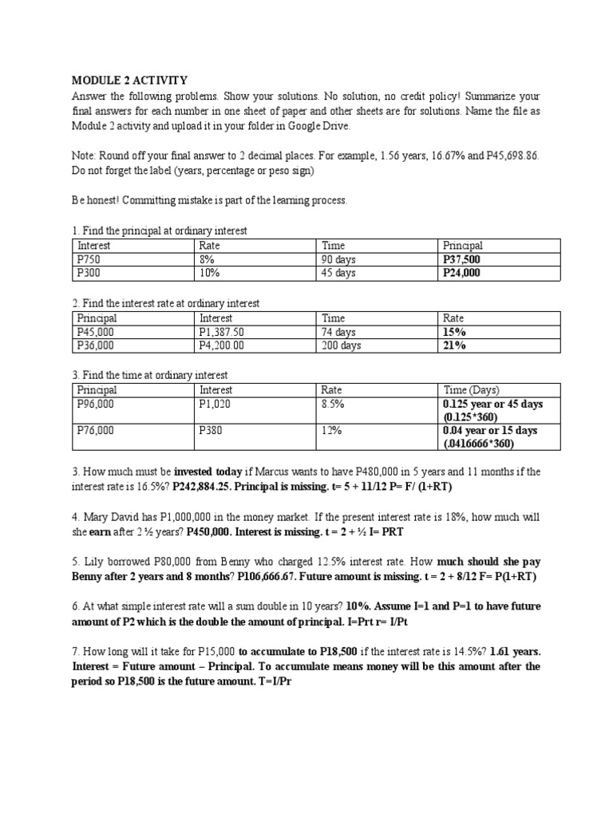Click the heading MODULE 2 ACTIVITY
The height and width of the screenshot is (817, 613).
click(x=130, y=81)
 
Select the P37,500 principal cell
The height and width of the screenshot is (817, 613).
click(x=462, y=259)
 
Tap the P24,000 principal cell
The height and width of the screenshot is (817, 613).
click(x=462, y=273)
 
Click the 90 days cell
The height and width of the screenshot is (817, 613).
click(x=339, y=259)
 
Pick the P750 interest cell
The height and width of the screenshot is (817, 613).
click(x=89, y=259)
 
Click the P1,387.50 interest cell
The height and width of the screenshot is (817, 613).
click(x=222, y=332)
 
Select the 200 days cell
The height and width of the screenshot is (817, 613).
click(x=342, y=345)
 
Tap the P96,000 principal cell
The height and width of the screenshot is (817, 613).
click(x=95, y=404)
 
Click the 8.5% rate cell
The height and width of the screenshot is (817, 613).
click(x=331, y=404)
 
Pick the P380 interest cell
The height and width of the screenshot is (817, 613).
click(x=212, y=430)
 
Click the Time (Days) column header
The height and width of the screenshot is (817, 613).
click(x=471, y=390)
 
